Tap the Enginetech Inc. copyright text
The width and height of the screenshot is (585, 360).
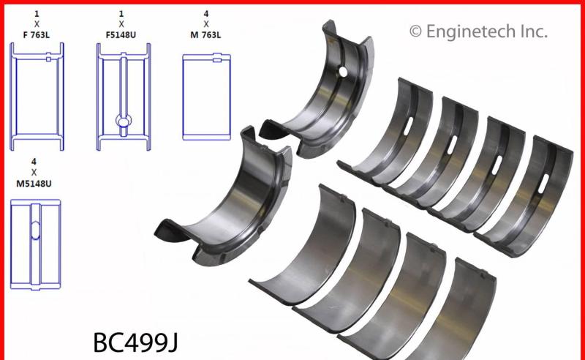point(478,31)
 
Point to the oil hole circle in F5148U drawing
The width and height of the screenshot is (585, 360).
point(122,120)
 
